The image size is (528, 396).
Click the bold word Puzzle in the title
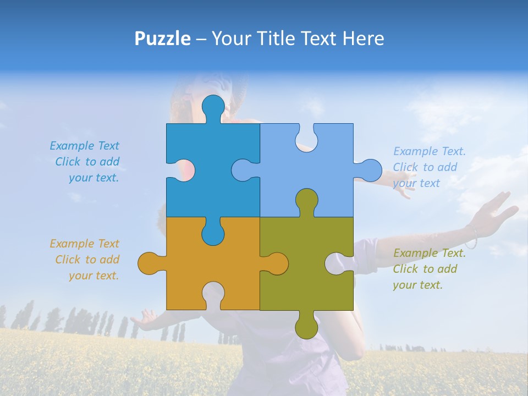coord(162,38)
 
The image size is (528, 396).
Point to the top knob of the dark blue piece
coord(213,108)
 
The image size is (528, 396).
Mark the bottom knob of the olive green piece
coord(306,326)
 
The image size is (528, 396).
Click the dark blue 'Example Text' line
coord(84,146)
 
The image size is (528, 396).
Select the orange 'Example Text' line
coord(84,244)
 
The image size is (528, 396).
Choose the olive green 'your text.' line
coord(417,285)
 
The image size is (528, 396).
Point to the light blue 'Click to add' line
coord(425,167)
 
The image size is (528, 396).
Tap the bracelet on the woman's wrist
coord(471,237)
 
